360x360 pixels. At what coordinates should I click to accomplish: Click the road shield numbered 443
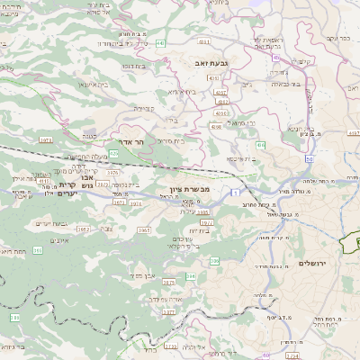160,42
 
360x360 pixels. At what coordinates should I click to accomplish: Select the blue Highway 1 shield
232,193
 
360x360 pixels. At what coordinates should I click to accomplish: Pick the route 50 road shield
309,159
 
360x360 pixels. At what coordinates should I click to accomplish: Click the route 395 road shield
37,250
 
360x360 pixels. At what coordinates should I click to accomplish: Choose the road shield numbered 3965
143,230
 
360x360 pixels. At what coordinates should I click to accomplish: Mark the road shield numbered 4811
44,181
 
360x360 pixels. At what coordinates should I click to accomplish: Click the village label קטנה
86,135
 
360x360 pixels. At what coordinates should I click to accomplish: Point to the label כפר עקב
337,40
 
